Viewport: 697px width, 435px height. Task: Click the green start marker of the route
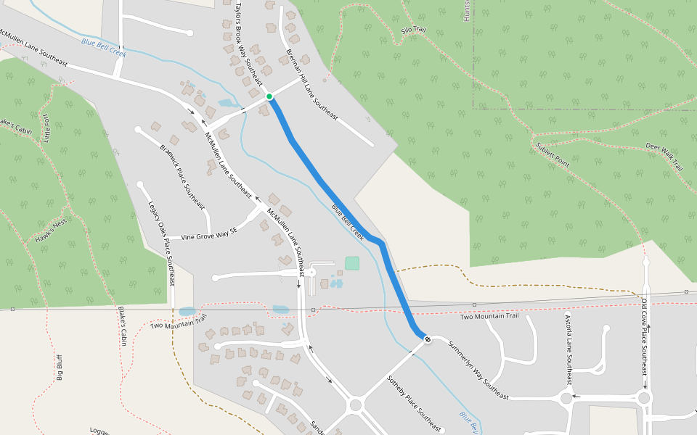click(269, 96)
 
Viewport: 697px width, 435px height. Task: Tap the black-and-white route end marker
click(428, 339)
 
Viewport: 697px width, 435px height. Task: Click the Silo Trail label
click(413, 31)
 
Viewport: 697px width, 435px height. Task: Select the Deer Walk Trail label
click(664, 157)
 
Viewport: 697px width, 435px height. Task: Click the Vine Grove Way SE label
click(209, 236)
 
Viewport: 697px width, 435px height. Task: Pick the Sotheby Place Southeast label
click(414, 403)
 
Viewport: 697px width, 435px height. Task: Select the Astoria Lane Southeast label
click(568, 349)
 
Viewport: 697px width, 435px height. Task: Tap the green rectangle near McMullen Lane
click(352, 263)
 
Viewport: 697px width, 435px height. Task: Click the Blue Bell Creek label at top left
click(104, 49)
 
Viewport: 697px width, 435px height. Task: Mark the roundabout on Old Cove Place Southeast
click(643, 397)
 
